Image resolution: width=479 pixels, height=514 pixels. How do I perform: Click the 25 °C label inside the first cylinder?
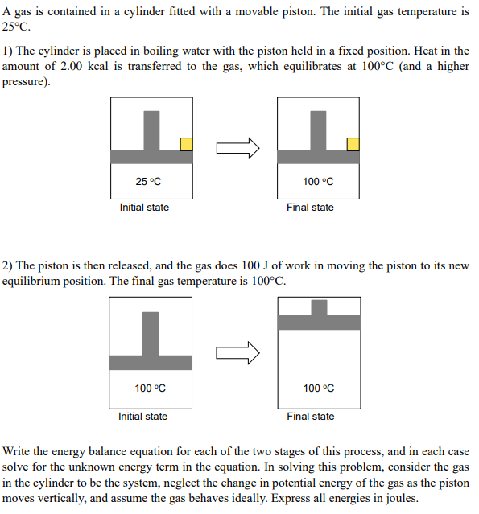coord(148,182)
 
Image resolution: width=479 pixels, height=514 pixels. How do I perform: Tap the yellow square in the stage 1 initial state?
coord(186,143)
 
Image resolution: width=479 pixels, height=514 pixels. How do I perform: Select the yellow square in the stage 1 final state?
coord(353,143)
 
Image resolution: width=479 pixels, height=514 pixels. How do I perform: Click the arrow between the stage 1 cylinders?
coord(238,147)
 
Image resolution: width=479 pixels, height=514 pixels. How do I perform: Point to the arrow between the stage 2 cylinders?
coord(238,352)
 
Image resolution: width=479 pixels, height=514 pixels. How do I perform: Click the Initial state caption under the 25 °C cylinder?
coord(144,208)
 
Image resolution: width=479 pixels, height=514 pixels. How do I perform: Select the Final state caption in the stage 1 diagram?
coord(310,208)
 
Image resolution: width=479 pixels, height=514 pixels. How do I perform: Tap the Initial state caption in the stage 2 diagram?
coord(142,417)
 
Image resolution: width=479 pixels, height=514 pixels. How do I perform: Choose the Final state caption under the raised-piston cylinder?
coord(310,417)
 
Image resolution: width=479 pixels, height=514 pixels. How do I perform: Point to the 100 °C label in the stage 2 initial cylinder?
coord(150,389)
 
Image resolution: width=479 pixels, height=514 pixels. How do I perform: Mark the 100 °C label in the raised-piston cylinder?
coord(319,389)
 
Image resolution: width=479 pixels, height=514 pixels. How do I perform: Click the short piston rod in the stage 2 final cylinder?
coord(319,307)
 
